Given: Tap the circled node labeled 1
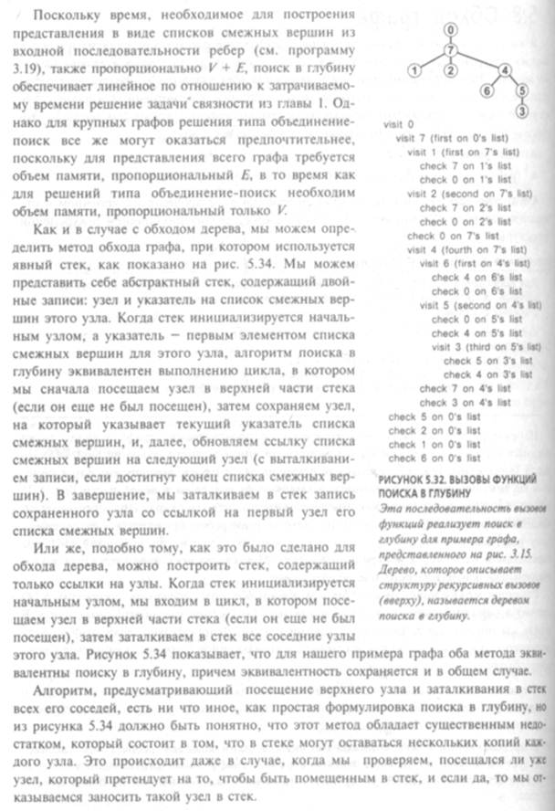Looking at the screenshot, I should [x=414, y=69].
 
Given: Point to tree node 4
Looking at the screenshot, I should [x=505, y=69].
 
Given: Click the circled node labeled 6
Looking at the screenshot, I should [x=487, y=90].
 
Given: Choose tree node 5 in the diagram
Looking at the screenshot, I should [x=521, y=90].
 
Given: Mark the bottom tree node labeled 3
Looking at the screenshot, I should [x=521, y=111].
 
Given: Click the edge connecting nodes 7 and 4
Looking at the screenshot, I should [x=478, y=59].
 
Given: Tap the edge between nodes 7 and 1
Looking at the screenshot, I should [x=432, y=59].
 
